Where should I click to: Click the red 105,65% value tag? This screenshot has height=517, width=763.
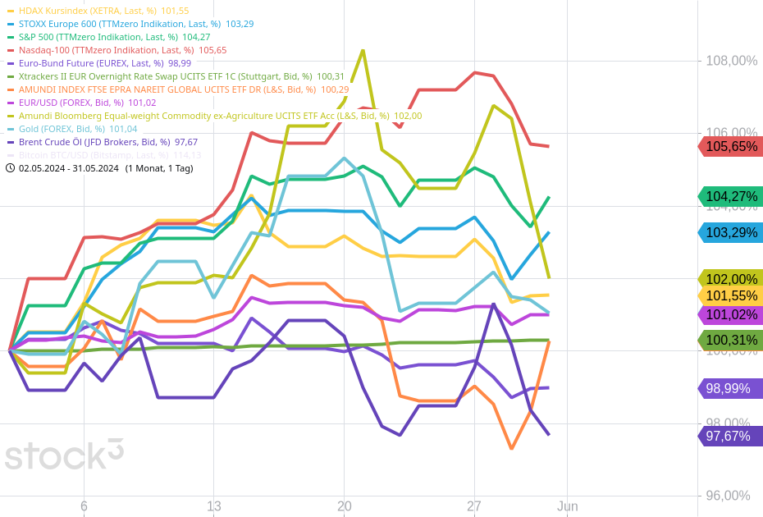coord(730,147)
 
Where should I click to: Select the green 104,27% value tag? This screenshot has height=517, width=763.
coord(730,197)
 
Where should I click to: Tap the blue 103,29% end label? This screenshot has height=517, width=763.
coord(730,233)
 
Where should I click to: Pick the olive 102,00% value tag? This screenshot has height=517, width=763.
coord(730,279)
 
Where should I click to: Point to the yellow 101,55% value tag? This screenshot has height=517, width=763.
coord(730,296)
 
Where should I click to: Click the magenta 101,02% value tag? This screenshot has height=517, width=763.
coord(730,315)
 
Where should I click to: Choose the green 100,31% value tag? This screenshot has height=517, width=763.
coord(730,341)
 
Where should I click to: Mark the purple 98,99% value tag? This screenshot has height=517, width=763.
coord(730,389)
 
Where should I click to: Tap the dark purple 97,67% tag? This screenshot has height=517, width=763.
coord(730,437)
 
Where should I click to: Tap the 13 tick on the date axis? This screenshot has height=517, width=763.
coord(214,506)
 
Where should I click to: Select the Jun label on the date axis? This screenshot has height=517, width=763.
coord(567,506)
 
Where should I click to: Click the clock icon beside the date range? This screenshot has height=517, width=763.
coord(10,168)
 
